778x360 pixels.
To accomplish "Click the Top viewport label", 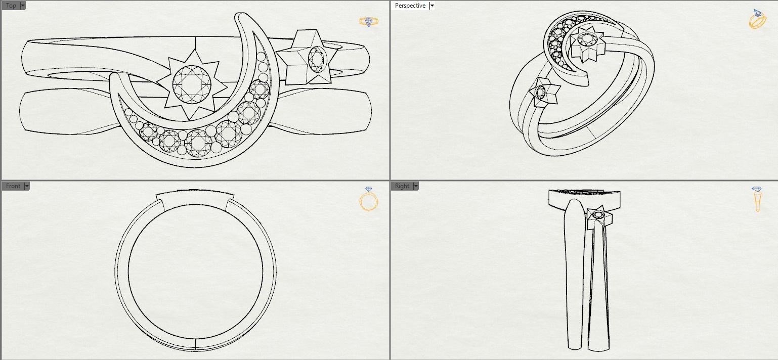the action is [11, 6].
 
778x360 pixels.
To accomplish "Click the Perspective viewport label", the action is [410, 6].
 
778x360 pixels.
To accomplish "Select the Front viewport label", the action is [13, 186].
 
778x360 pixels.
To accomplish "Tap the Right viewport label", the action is [402, 186].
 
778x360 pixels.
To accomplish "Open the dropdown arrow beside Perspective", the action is [431, 6].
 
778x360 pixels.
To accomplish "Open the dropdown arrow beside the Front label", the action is [27, 186].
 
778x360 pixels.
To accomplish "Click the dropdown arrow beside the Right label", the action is [416, 186].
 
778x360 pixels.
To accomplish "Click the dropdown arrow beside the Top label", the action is [23, 6].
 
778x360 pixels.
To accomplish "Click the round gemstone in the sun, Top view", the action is [192, 84].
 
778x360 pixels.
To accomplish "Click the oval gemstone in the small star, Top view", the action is [316, 59].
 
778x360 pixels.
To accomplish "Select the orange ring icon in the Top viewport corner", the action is [368, 22].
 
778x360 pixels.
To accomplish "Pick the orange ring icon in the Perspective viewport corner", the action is [757, 19].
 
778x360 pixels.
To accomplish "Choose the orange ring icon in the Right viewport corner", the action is [757, 199].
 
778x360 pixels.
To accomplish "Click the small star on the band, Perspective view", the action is [543, 93].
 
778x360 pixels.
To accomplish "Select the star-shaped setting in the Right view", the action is [599, 216].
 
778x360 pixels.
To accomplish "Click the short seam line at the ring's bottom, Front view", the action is [196, 344].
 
